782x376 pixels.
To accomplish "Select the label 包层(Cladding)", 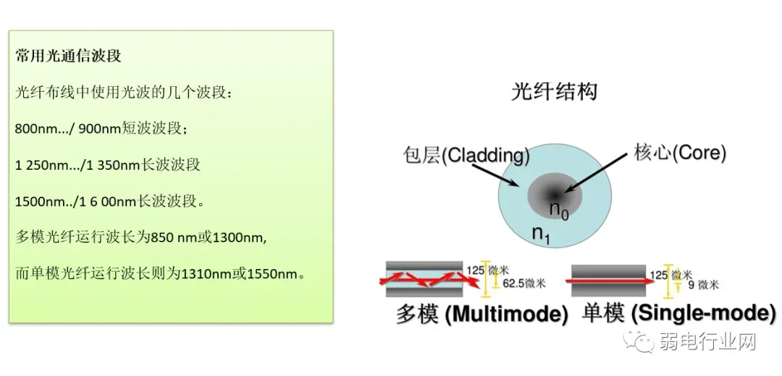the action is click(466, 154).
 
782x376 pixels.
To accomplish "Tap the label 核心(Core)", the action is click(679, 153).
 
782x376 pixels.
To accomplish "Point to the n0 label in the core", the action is click(558, 210).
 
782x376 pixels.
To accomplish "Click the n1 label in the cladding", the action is click(541, 234).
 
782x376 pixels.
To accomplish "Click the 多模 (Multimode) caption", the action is click(482, 315).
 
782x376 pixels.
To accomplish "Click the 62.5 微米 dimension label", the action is click(524, 283).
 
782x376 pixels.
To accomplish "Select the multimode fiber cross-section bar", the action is click(424, 278).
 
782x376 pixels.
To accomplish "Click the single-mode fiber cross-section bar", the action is click(608, 278).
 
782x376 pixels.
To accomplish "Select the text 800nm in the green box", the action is click(29, 129).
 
